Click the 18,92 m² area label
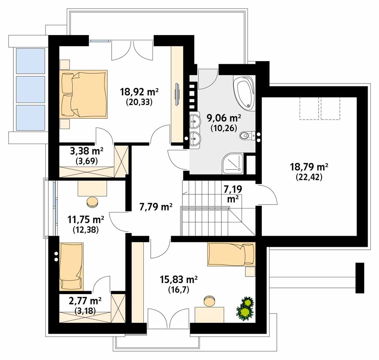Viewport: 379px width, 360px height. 139,92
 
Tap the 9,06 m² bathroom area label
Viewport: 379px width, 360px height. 223,118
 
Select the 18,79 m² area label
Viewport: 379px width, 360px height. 309,167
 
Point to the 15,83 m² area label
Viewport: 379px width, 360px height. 178,279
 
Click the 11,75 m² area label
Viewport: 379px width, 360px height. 85,220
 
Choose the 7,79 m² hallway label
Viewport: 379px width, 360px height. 156,207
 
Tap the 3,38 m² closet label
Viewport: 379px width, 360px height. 87,151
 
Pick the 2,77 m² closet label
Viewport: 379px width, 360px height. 85,301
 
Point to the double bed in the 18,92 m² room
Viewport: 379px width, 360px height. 83,94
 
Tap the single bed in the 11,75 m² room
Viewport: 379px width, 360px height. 71,266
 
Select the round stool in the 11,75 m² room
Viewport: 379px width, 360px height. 92,202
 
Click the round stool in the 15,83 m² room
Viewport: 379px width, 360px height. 209,301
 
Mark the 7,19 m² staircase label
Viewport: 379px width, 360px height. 232,194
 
